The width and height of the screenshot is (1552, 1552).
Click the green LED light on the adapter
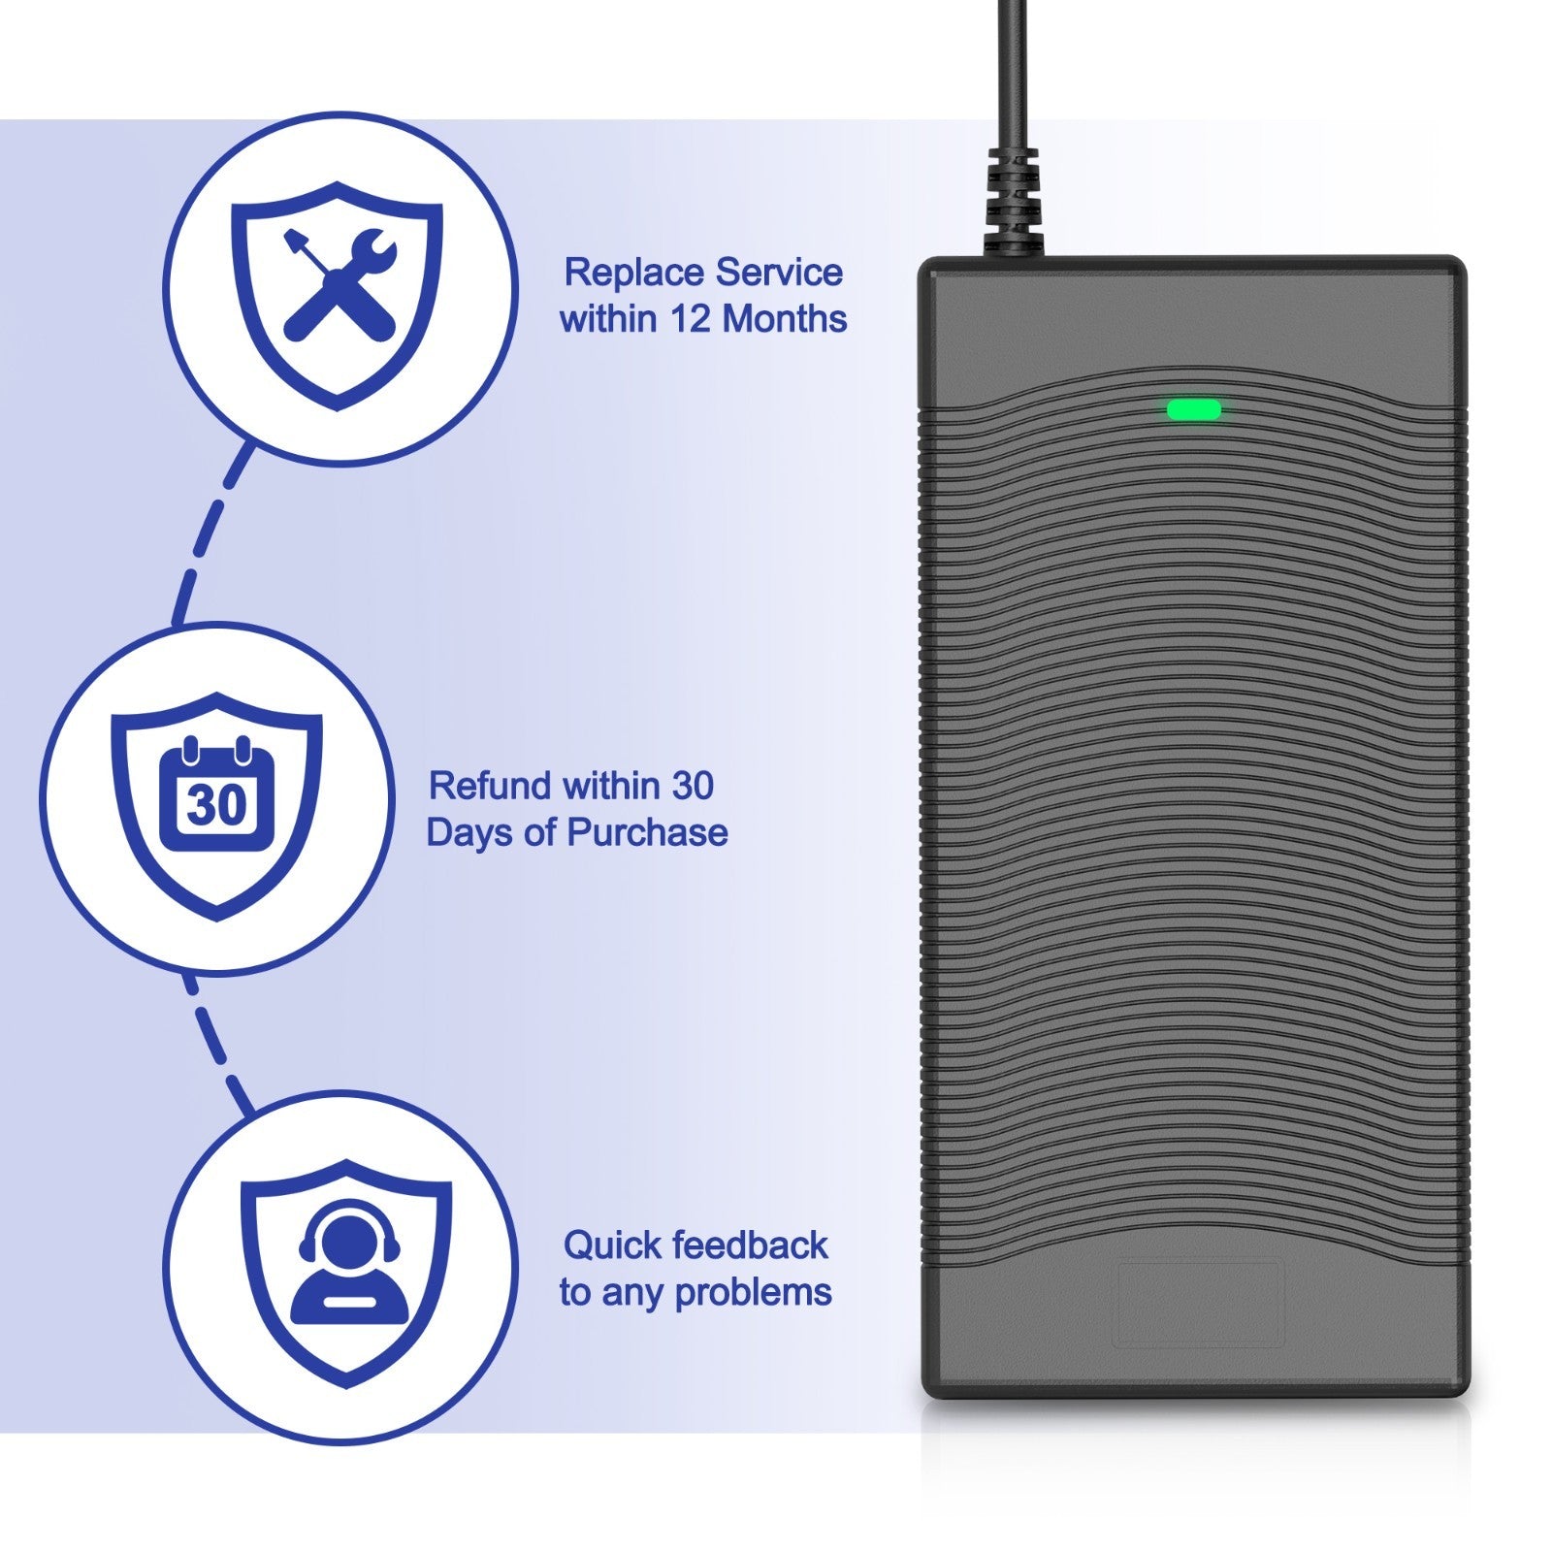(1192, 410)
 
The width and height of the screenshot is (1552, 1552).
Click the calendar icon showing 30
(217, 795)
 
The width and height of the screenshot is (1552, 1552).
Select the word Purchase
(647, 832)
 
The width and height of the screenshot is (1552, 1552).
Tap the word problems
(754, 1293)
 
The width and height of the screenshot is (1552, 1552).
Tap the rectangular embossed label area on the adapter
(1200, 1302)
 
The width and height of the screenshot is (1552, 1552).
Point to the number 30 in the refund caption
(693, 786)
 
